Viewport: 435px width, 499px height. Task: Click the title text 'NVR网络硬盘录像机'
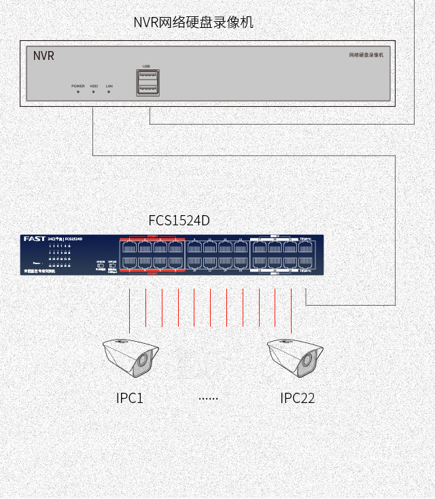point(193,22)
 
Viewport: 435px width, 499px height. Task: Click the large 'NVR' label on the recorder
point(43,56)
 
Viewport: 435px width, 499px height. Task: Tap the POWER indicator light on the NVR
point(78,92)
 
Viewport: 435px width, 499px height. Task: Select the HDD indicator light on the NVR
point(94,92)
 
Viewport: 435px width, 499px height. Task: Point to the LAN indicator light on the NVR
point(109,92)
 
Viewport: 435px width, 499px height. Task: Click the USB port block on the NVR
point(147,82)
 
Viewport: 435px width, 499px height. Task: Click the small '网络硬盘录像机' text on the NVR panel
point(366,54)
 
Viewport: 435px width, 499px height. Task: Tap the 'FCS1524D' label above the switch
point(179,221)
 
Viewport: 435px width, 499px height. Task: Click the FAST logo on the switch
point(34,239)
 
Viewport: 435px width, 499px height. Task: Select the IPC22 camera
point(294,357)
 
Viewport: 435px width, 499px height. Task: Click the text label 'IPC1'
point(130,398)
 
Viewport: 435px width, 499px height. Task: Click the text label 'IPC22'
point(298,398)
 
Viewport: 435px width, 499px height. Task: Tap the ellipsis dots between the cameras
point(208,398)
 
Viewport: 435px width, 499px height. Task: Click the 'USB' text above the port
point(146,66)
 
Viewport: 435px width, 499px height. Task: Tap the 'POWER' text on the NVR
point(78,86)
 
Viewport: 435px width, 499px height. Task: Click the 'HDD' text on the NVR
point(94,86)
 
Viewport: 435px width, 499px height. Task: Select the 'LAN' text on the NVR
point(109,86)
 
